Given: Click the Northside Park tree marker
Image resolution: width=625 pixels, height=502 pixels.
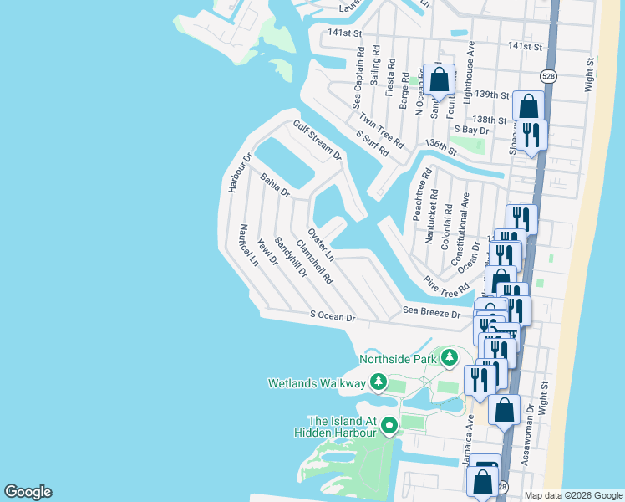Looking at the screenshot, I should coord(450,359).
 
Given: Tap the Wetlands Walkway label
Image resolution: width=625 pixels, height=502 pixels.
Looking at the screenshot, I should coord(317,383).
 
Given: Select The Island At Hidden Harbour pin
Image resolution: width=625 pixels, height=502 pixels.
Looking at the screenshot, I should coord(389,427).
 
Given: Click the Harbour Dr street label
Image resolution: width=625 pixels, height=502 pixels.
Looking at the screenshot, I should coord(238,172).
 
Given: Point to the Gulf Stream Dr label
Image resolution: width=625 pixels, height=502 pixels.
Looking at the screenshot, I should coord(318,140).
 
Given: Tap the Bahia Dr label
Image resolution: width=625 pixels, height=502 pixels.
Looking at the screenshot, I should coord(274,186).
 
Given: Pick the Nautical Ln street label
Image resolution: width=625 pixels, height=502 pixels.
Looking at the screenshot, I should coord(248,245).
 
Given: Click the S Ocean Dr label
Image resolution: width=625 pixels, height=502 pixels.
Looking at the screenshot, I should coord(333,317).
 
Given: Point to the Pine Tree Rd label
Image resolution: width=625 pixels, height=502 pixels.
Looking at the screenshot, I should coord(446,286).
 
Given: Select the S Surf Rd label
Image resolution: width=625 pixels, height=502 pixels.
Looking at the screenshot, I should coord(373,144).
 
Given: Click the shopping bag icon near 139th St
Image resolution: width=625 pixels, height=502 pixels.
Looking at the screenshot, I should coord(440,81).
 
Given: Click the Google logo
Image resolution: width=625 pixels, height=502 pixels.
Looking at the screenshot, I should coord(28,492).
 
